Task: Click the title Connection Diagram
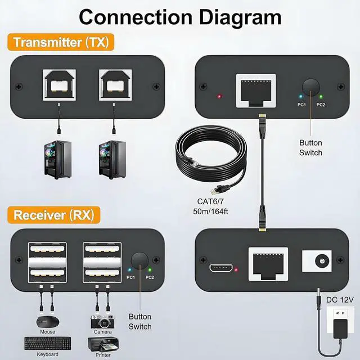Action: (180, 16)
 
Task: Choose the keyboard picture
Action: (48, 343)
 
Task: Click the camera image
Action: (102, 322)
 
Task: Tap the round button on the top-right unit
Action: (310, 87)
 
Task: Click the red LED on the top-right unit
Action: (219, 96)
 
